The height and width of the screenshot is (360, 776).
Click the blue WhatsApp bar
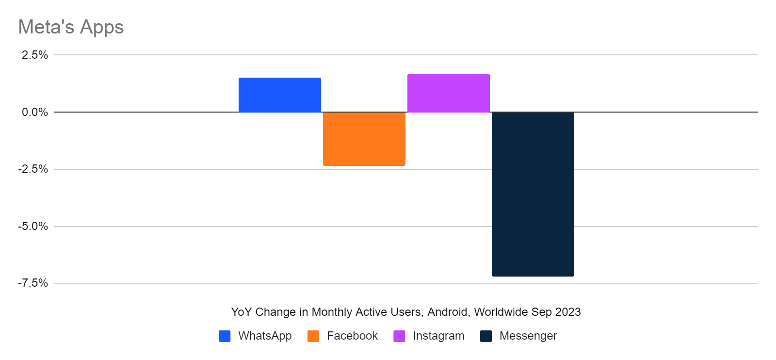click(279, 95)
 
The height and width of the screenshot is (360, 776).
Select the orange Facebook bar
click(364, 139)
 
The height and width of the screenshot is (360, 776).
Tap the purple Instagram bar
click(448, 93)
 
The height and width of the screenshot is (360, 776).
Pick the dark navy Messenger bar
click(533, 194)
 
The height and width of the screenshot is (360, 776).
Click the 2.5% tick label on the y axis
click(34, 55)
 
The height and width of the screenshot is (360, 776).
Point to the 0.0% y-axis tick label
click(34, 112)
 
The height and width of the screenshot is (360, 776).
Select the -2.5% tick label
click(33, 169)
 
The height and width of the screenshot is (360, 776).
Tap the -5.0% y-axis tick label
click(33, 227)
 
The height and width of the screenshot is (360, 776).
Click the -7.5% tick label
click(33, 283)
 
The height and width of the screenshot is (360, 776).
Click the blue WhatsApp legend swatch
click(225, 336)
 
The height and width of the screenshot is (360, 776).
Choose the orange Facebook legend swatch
click(313, 336)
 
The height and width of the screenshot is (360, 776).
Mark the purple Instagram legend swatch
click(399, 336)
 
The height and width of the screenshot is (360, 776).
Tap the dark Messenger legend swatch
click(486, 336)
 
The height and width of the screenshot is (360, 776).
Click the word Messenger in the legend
click(528, 336)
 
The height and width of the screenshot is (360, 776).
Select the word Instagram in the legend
click(438, 336)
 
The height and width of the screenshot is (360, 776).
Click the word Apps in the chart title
click(102, 28)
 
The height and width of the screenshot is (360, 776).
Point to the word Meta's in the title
click(46, 27)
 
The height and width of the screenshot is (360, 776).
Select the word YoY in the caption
click(241, 312)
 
